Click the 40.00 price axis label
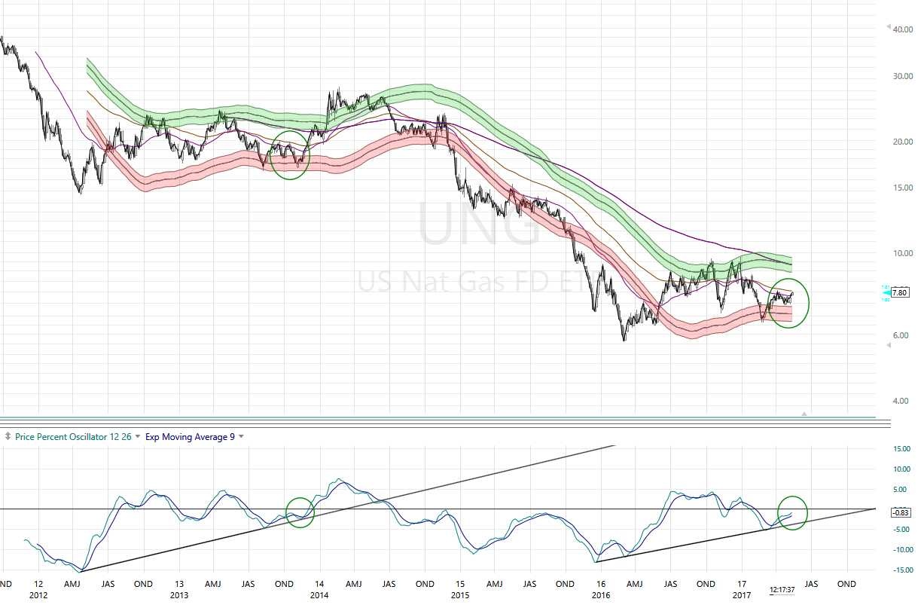(x=902, y=29)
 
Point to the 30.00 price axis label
(x=902, y=76)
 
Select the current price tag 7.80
(x=899, y=293)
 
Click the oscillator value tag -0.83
(x=901, y=512)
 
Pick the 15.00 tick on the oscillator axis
(x=901, y=449)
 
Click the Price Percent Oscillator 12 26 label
(x=74, y=436)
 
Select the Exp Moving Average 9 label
(x=190, y=436)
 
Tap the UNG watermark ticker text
(x=479, y=224)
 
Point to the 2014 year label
(x=319, y=595)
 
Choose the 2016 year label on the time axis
(x=600, y=595)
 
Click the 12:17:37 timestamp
(x=782, y=590)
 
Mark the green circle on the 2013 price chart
(x=290, y=154)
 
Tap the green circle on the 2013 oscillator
(x=300, y=512)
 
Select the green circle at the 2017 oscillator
(x=792, y=512)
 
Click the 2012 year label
(x=38, y=595)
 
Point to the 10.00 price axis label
(x=902, y=253)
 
